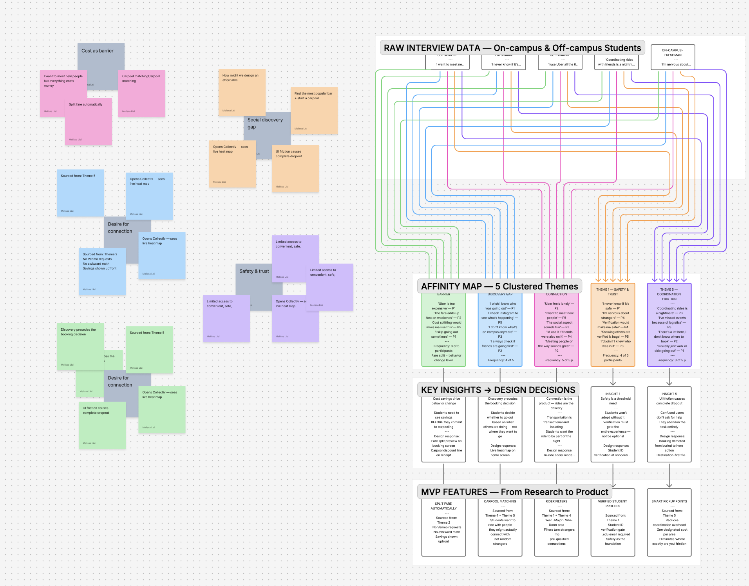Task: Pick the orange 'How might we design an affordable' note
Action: [242, 92]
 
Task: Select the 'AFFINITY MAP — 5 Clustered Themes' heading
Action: [499, 286]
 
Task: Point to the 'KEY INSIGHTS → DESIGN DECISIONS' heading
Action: [498, 390]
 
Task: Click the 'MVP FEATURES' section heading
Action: [514, 492]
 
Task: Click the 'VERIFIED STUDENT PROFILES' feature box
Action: [613, 523]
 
